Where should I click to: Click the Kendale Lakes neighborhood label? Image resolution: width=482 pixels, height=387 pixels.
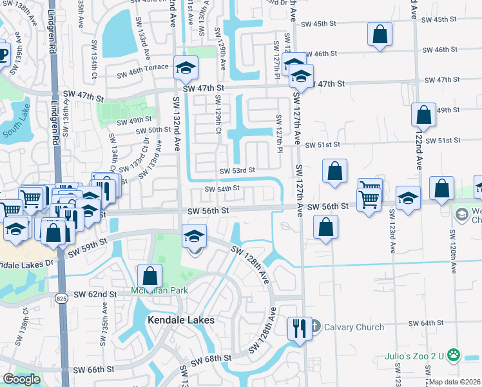tap(181, 320)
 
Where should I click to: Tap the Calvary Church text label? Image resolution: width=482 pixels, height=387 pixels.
tap(355, 327)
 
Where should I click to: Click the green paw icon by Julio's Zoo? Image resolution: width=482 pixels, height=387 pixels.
tap(454, 354)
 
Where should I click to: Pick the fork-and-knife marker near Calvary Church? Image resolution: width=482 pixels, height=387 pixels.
tap(300, 328)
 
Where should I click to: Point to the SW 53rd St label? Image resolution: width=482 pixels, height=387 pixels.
tap(237, 171)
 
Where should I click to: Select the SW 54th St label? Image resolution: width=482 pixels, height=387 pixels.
tap(222, 189)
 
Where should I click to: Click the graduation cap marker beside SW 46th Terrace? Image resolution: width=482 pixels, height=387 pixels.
tap(186, 68)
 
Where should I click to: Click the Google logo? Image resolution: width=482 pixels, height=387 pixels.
tap(21, 379)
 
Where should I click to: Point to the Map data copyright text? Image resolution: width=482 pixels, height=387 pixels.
tap(454, 382)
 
